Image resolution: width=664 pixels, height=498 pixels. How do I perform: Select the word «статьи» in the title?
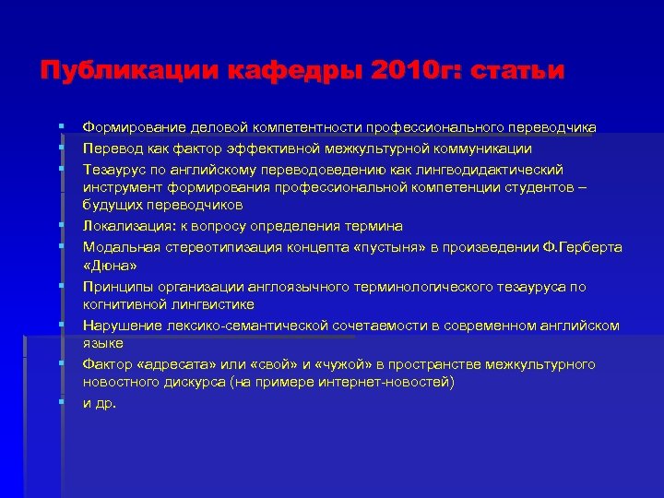[x=517, y=71]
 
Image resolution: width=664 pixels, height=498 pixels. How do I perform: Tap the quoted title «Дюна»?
[x=110, y=267]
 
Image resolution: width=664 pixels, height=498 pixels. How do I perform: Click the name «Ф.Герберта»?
[x=586, y=247]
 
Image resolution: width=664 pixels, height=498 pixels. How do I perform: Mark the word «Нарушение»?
[x=119, y=326]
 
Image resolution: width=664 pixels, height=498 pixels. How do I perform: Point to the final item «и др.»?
[x=100, y=403]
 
